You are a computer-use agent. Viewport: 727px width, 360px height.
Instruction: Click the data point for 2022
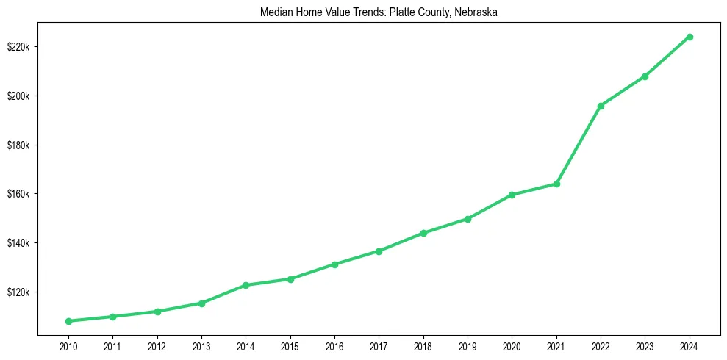point(601,106)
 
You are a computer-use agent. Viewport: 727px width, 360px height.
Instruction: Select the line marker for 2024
point(690,37)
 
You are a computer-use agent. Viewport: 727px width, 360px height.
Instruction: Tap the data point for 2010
point(68,321)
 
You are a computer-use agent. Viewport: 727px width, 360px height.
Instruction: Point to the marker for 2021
point(556,184)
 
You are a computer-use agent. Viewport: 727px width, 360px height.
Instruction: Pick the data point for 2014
point(246,285)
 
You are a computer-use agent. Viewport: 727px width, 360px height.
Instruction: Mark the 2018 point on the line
point(423,233)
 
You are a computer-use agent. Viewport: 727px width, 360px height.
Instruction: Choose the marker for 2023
point(645,76)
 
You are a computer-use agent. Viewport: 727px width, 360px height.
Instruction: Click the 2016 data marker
point(334,264)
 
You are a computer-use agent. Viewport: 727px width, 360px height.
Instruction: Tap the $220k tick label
point(18,47)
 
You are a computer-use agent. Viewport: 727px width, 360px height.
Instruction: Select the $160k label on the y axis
point(18,194)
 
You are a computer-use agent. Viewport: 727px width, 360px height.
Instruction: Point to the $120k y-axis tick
point(18,292)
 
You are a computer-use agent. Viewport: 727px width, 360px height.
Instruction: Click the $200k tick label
point(18,96)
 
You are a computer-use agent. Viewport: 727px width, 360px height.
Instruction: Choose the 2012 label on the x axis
point(157,345)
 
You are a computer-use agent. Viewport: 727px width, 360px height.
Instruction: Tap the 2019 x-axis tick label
point(468,345)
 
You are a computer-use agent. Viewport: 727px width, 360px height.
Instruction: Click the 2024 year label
point(690,345)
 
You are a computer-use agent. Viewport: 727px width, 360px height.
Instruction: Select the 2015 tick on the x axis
point(290,345)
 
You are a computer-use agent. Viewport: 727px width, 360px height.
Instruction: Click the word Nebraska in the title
point(479,12)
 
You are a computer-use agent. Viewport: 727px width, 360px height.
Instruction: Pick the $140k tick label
point(18,243)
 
